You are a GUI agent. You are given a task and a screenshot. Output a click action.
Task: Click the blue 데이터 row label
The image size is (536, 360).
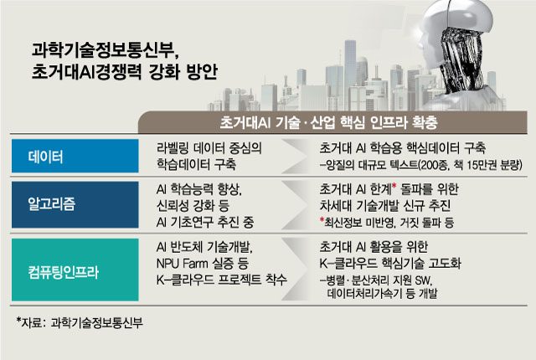[x=75, y=156]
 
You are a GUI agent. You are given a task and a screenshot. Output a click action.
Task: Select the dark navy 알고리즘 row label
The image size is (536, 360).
[x=75, y=204]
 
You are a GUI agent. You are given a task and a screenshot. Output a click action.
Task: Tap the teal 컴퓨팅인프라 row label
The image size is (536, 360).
[x=75, y=270]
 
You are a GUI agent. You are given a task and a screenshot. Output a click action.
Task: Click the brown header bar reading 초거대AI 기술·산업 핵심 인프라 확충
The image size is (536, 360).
[x=332, y=122]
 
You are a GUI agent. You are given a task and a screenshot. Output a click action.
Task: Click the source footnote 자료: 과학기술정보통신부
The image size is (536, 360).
[x=80, y=322]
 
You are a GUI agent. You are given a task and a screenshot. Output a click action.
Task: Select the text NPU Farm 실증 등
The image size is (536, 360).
[x=203, y=264]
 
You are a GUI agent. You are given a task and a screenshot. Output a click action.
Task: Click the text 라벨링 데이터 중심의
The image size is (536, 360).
[x=209, y=148]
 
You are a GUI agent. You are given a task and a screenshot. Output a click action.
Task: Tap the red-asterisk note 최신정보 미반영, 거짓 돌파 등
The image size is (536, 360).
[x=387, y=223]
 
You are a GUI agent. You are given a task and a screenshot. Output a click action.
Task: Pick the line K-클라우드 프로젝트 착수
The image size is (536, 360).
[x=221, y=280]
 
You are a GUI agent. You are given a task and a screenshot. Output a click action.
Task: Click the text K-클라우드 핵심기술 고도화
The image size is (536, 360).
[x=390, y=264]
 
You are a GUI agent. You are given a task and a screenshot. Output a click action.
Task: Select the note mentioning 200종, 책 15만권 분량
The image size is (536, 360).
[x=420, y=165]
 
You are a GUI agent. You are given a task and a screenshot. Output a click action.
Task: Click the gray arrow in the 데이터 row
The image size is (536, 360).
[x=294, y=156]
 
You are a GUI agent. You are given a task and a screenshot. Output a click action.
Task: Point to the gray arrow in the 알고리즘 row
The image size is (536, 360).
[x=294, y=205]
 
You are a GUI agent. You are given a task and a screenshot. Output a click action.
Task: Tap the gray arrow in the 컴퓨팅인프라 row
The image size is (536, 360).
[x=294, y=270]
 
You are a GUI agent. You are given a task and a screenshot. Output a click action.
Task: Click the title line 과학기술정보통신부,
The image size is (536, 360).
[x=106, y=50]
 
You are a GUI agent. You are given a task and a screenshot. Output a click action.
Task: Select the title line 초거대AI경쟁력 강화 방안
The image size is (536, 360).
[x=125, y=72]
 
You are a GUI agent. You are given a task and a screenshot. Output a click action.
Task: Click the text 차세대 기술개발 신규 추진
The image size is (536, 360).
[x=385, y=206]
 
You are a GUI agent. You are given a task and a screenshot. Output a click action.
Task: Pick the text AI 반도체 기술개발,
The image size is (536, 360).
[x=204, y=247]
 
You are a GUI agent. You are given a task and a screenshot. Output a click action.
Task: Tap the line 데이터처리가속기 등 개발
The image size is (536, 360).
[x=382, y=293]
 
